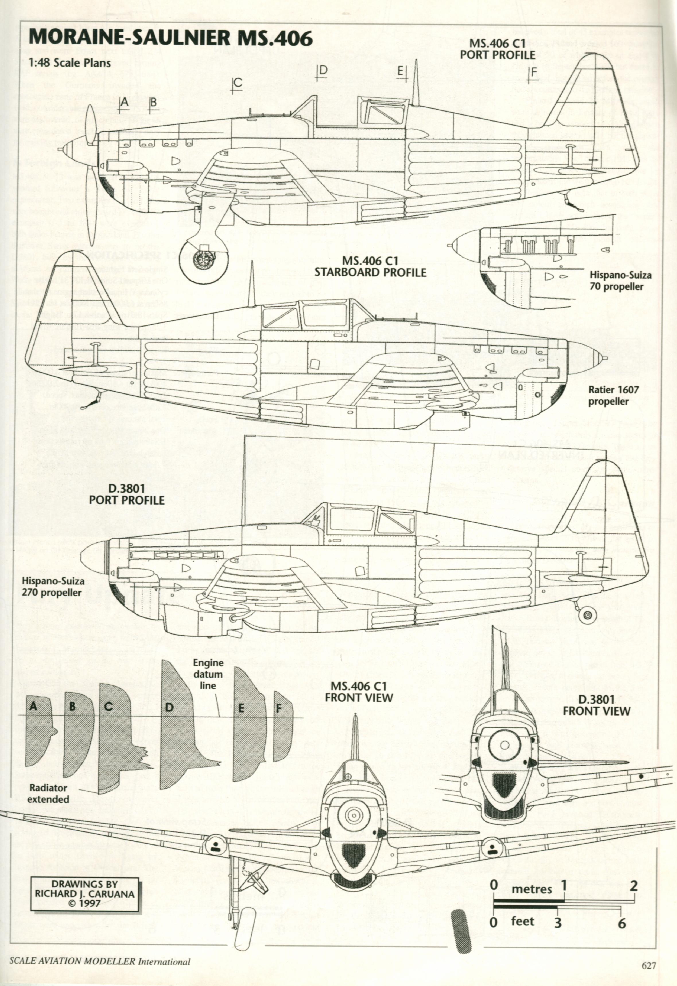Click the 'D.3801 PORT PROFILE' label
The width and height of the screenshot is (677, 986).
coord(126,494)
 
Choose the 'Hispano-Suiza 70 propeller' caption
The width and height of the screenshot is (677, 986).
coord(620,280)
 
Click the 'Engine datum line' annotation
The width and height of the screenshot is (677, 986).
coord(208,674)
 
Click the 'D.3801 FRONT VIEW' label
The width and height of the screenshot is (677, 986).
coord(596,705)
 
